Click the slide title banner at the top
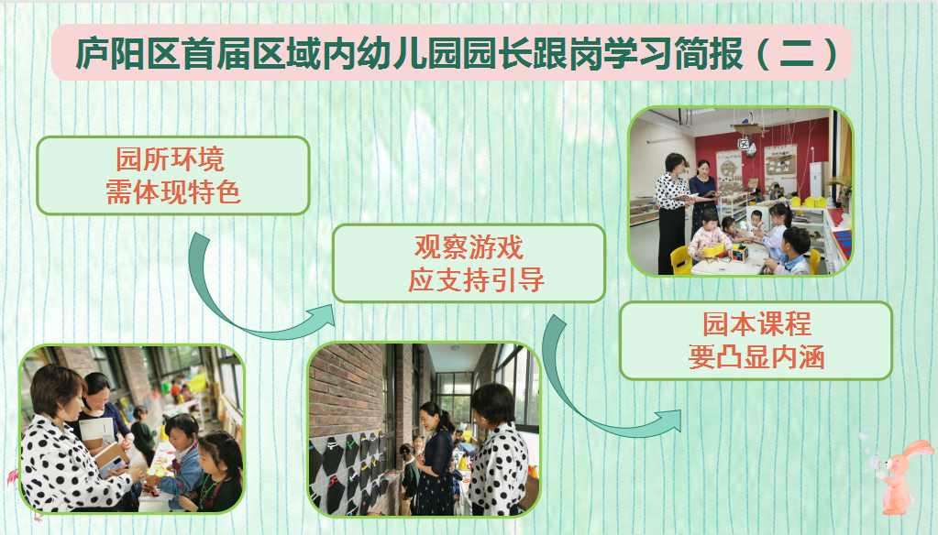(451, 52)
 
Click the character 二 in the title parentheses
(797, 53)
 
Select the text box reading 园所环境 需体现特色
(173, 176)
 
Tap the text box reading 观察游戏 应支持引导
(469, 263)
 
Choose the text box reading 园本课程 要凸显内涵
(756, 341)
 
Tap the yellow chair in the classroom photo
(681, 260)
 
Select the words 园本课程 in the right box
(756, 324)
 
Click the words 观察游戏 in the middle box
(469, 247)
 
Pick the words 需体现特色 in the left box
(173, 192)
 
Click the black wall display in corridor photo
(347, 472)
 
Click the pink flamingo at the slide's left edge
(13, 477)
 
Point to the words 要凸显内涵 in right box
(756, 357)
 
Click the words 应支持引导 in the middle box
(476, 279)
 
